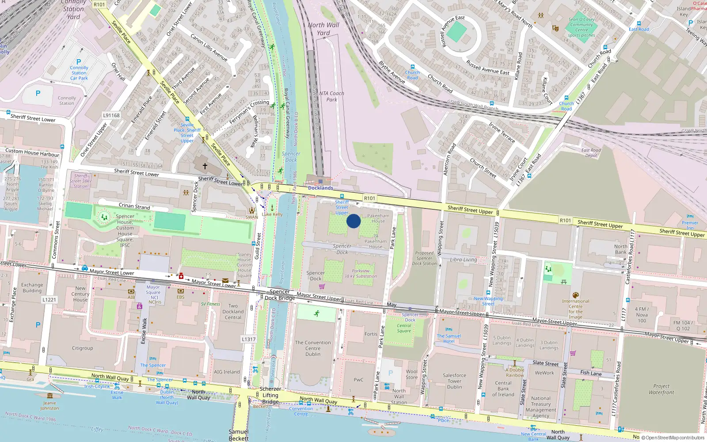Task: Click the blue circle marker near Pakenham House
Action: (353, 221)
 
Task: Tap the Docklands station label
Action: (320, 188)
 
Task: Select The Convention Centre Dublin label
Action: (313, 348)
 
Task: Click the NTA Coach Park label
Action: (331, 96)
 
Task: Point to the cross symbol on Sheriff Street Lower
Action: (205, 166)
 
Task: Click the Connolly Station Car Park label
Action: (79, 73)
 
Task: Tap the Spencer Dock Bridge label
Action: (280, 295)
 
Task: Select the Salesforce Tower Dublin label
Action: (454, 381)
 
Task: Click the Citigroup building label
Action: (83, 348)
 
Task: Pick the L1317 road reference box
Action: (249, 339)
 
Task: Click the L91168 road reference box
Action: (111, 115)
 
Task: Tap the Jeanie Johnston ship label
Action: (49, 405)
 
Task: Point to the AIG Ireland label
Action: (227, 372)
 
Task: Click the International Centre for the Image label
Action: (575, 309)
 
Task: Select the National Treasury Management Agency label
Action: (541, 407)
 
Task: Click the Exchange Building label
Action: (32, 288)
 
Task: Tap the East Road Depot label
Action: (591, 153)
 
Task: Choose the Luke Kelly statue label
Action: (272, 214)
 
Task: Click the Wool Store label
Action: (412, 374)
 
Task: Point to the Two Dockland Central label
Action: (233, 312)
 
